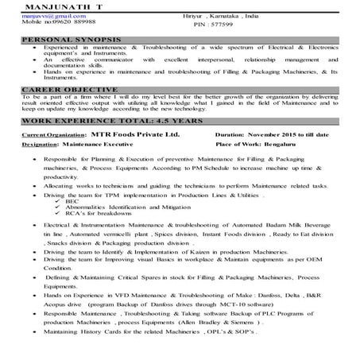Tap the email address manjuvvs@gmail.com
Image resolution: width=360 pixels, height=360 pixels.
[45, 15]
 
